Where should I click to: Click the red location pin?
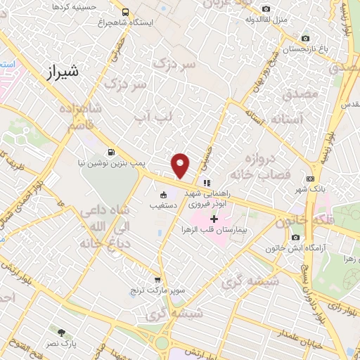point(181,165)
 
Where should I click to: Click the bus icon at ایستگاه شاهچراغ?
point(125,12)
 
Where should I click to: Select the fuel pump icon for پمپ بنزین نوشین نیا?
point(110,152)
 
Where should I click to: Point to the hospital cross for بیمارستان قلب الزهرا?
point(214,219)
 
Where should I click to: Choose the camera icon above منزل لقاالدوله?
point(265,8)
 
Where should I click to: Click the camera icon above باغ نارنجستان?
point(304,39)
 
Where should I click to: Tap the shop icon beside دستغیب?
point(164,195)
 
